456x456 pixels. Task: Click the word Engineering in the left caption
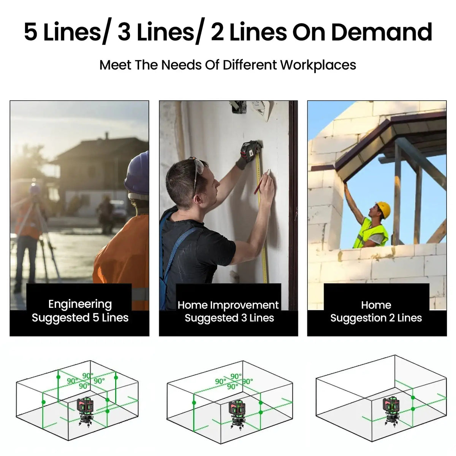click(80, 304)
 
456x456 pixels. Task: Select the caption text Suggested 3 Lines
click(229, 318)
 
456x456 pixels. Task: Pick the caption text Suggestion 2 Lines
click(376, 318)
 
